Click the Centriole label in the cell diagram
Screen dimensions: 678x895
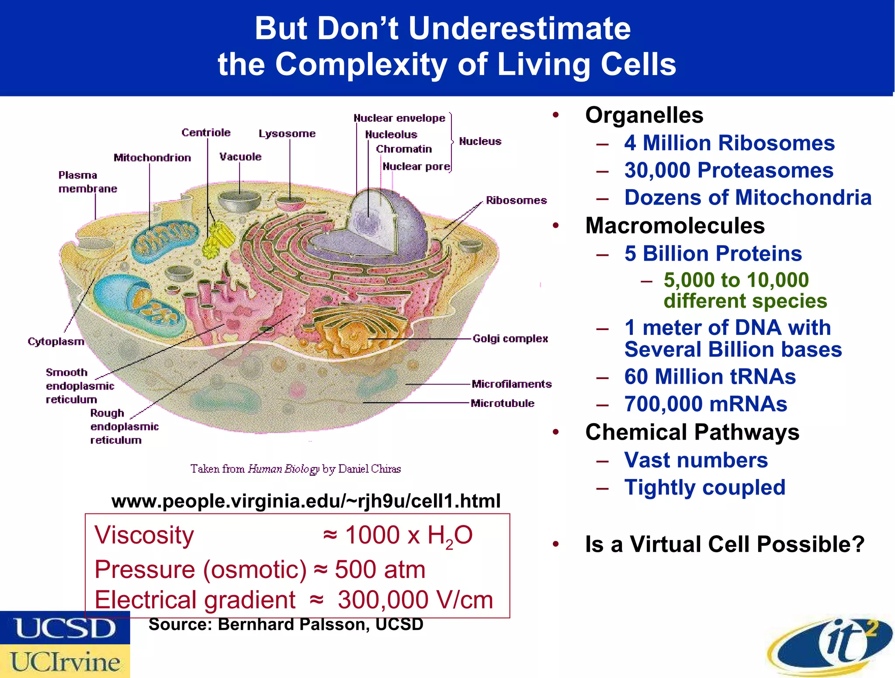point(206,132)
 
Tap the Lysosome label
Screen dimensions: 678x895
point(287,133)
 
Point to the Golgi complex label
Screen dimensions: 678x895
point(510,338)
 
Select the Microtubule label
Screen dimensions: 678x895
point(502,403)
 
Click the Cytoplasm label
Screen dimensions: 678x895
point(56,341)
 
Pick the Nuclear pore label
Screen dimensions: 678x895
point(416,166)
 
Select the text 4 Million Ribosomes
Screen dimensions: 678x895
point(729,143)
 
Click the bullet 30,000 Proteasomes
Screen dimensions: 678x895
point(728,170)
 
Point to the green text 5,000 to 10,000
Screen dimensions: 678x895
point(736,280)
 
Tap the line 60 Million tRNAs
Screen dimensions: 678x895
point(710,376)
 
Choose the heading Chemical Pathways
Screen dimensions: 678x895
point(692,432)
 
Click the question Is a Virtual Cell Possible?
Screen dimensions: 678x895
point(725,544)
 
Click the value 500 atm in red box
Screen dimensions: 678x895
point(380,569)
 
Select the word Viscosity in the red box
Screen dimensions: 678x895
point(144,535)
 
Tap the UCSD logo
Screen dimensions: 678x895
point(65,628)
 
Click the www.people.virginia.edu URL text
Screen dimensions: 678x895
point(306,501)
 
